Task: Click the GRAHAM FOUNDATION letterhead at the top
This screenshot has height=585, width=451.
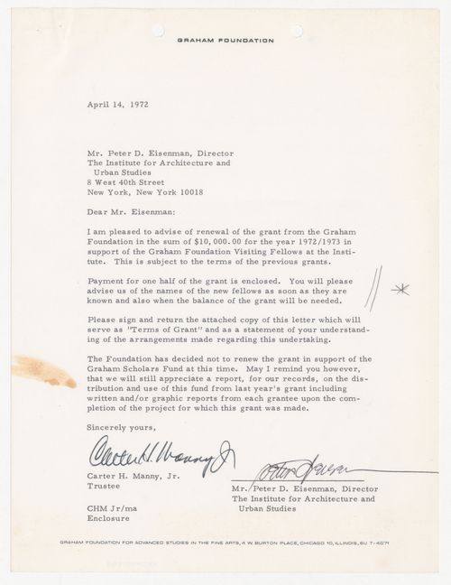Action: coord(225,41)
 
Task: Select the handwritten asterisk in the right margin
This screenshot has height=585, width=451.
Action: coord(398,290)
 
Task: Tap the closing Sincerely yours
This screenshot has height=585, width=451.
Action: coord(121,427)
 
